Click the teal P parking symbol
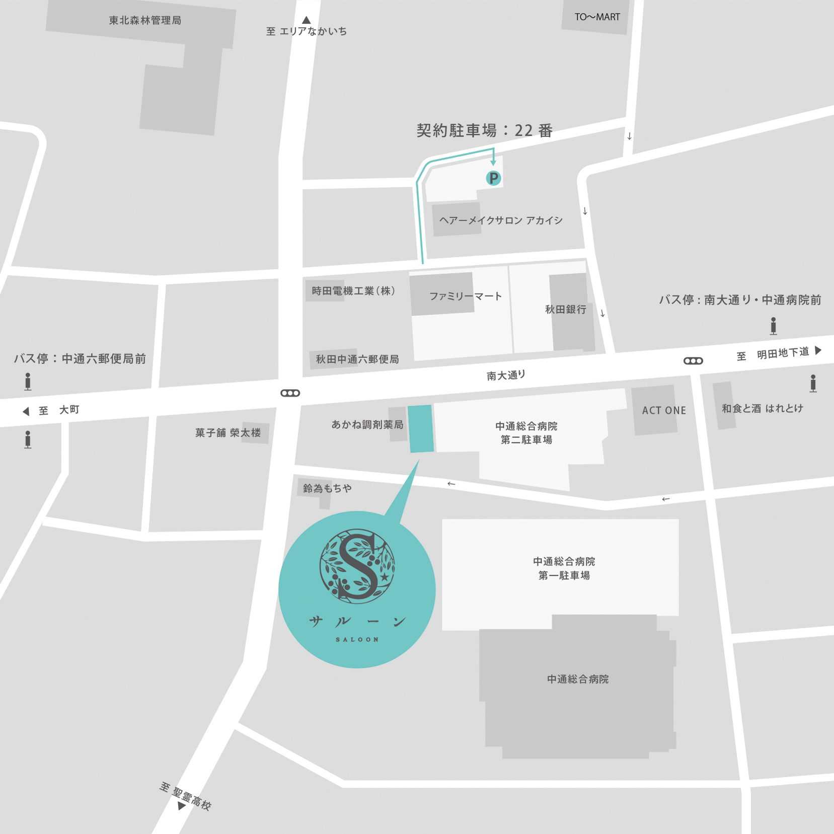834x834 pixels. click(493, 178)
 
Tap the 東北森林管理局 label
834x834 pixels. click(145, 21)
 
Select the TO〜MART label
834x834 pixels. click(597, 17)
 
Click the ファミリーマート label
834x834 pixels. click(466, 296)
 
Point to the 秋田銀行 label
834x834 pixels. click(566, 310)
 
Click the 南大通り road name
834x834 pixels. click(506, 375)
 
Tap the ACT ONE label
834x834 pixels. click(664, 411)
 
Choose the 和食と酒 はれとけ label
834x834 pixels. click(762, 409)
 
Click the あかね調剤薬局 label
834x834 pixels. click(367, 425)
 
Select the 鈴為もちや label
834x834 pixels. click(327, 488)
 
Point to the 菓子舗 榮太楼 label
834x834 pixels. click(228, 433)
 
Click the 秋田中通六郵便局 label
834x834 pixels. click(357, 359)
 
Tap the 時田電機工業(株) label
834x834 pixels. click(353, 291)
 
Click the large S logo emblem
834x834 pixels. click(357, 566)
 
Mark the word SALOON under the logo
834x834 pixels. click(357, 640)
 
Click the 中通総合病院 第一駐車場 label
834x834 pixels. click(564, 568)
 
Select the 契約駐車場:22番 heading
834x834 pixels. click(484, 131)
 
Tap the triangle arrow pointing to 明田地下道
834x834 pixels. click(818, 350)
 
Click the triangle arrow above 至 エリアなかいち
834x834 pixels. click(307, 20)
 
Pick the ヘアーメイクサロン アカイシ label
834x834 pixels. click(501, 220)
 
